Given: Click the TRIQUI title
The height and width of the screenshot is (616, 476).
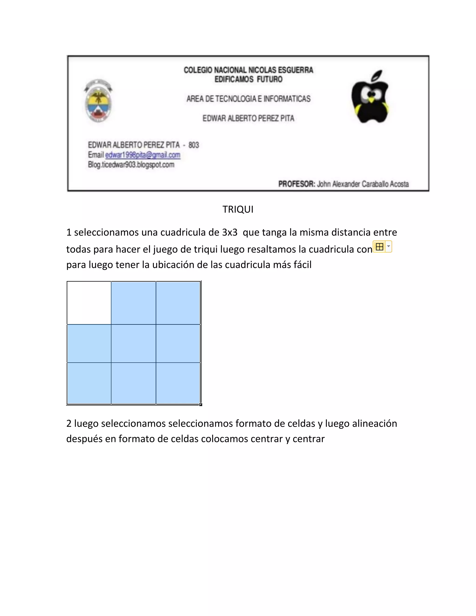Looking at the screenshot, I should point(238,209).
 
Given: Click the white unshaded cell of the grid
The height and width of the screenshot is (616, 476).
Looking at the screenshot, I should point(89,303).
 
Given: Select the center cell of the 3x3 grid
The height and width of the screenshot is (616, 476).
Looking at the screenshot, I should point(133,343).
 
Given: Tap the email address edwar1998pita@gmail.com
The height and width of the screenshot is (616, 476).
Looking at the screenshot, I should point(143,155).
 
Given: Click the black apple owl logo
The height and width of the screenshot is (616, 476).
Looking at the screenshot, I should point(370,97).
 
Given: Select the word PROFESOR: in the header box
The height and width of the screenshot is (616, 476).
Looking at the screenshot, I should point(297,184).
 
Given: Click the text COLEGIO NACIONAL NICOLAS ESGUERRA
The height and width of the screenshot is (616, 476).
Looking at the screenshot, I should point(248,70).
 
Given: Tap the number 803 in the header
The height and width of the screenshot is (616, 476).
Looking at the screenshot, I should point(194,145).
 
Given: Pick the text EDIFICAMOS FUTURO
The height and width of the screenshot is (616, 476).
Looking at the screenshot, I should point(248,79).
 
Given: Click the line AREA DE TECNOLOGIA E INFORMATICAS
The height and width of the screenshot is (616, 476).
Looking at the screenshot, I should point(248,99).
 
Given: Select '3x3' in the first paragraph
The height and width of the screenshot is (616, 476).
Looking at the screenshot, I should point(230,232).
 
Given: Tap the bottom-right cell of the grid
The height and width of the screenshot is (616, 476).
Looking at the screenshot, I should point(178,383).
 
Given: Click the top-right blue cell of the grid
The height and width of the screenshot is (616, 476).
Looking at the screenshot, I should point(178,303).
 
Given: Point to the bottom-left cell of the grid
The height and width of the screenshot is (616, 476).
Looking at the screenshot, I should point(89,383).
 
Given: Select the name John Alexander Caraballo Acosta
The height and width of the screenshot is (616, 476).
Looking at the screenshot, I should point(363,184).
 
